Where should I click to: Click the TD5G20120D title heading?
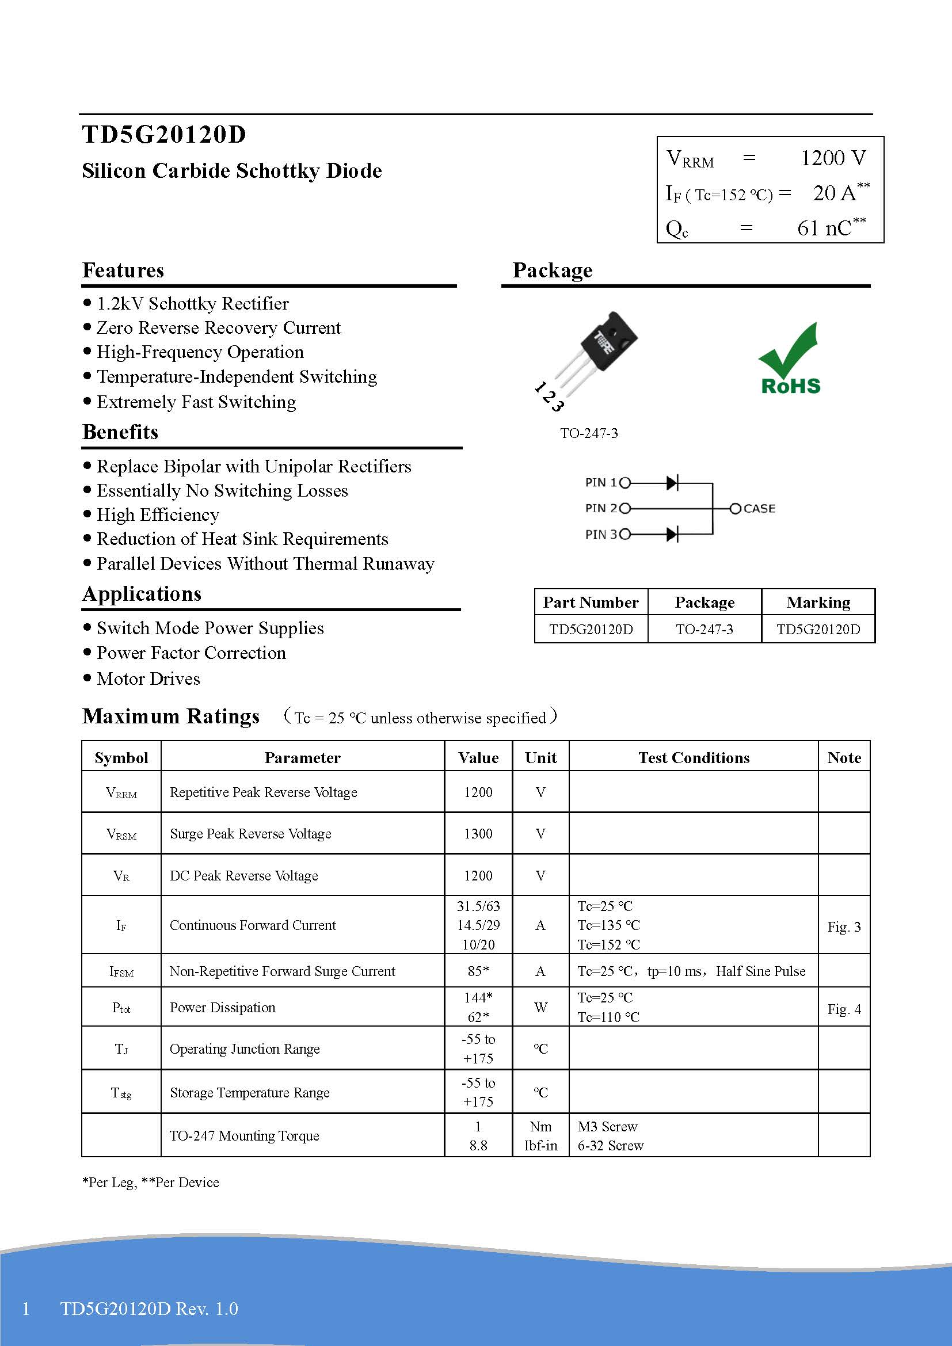164,135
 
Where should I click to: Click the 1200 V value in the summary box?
832,158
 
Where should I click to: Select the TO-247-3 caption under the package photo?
589,433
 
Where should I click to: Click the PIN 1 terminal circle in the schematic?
625,483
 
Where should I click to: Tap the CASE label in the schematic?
759,509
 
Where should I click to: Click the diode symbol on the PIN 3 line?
672,534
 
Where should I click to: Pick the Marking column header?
818,602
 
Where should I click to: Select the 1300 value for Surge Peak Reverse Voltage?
478,834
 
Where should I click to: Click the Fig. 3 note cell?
844,926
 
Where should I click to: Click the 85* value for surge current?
478,971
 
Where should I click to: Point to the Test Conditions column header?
694,757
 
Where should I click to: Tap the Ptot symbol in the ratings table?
121,1008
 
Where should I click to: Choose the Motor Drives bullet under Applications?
148,678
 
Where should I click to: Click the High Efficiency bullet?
158,514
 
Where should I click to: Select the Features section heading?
123,270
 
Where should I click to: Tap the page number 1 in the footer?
26,1309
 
